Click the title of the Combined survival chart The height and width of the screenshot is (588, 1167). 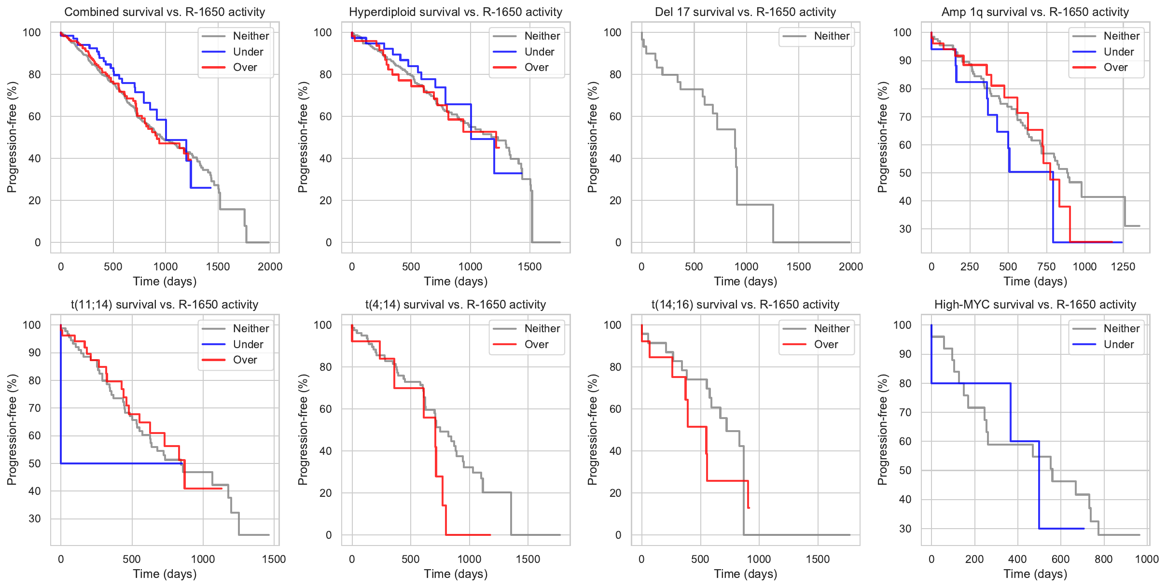[x=165, y=12]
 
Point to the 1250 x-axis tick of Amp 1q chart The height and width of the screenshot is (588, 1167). [x=1123, y=266]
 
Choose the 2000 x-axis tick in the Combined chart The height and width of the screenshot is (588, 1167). [x=270, y=266]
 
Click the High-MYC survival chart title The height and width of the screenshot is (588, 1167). [x=1035, y=305]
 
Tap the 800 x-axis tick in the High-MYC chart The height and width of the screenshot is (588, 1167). [x=1103, y=559]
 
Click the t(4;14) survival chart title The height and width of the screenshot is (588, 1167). [x=455, y=305]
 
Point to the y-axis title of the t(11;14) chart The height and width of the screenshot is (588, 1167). [x=12, y=430]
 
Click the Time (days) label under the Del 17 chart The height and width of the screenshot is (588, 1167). [x=745, y=281]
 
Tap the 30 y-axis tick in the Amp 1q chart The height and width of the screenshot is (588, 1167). [x=905, y=229]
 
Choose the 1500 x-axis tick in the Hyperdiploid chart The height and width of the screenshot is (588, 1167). [x=529, y=266]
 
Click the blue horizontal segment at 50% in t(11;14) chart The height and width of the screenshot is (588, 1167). [x=121, y=463]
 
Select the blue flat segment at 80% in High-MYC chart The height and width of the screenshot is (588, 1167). [x=970, y=383]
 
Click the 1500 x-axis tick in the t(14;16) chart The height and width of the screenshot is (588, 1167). [x=818, y=559]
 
